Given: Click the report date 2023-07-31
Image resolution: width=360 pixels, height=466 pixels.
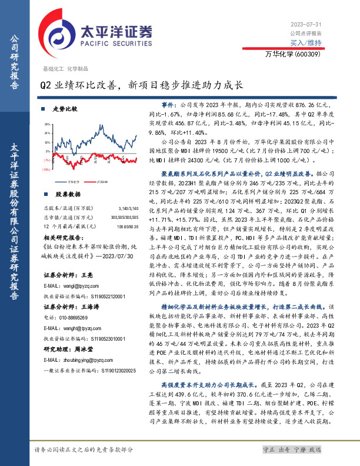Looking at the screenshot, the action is click(306, 24).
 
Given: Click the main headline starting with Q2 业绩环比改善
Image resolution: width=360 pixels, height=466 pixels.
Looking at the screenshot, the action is click(141, 85).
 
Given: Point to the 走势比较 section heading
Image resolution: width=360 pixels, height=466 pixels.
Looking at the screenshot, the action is click(65, 109).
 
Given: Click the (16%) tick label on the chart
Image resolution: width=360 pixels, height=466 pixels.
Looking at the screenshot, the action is click(46, 169).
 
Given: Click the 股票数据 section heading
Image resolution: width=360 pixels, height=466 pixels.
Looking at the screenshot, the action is click(67, 194).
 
